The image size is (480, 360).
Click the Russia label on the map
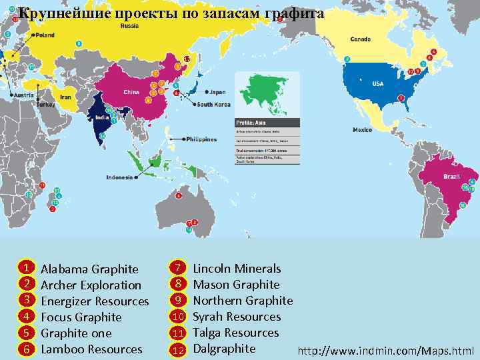130,27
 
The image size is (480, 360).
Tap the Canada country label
361,38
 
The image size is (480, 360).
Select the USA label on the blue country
378,84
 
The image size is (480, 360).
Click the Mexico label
362,129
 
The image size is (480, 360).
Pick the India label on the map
103,117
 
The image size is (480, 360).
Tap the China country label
131,92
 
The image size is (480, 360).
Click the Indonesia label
120,177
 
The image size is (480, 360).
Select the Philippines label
201,139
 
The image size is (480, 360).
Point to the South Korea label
213,105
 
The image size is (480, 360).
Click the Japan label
218,92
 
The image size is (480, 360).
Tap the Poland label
45,35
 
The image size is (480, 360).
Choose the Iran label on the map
66,97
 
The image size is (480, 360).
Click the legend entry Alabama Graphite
89,269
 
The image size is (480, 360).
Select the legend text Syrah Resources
237,317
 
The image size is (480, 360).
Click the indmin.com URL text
386,351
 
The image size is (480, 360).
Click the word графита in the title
299,13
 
